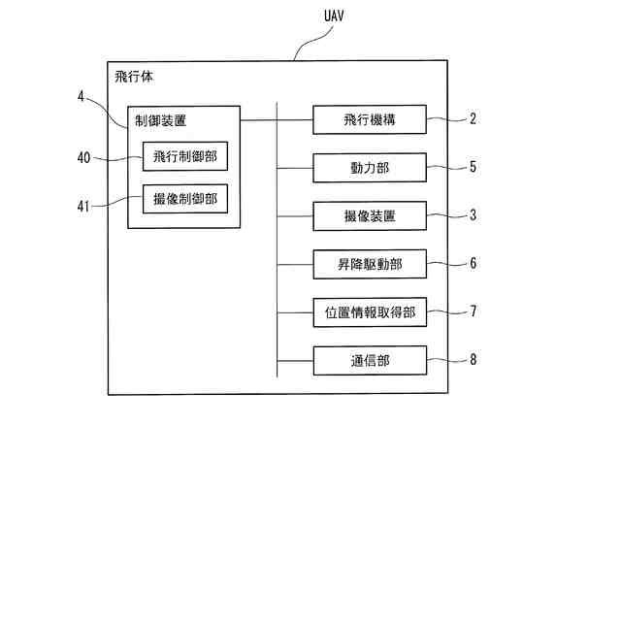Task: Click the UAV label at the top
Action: click(334, 17)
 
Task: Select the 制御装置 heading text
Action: click(161, 121)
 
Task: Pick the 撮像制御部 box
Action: click(184, 199)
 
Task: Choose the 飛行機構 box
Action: click(370, 119)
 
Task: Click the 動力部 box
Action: click(370, 167)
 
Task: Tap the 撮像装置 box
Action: click(370, 215)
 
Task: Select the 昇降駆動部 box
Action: click(370, 263)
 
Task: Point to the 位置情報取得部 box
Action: click(370, 311)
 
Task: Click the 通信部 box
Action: click(370, 360)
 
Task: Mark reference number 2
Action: click(473, 119)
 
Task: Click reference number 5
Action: click(473, 167)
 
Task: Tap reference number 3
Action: click(473, 215)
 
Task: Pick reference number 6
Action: click(473, 263)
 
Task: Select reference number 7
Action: click(473, 311)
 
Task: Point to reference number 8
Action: click(473, 360)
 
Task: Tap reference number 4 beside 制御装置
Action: click(82, 96)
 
